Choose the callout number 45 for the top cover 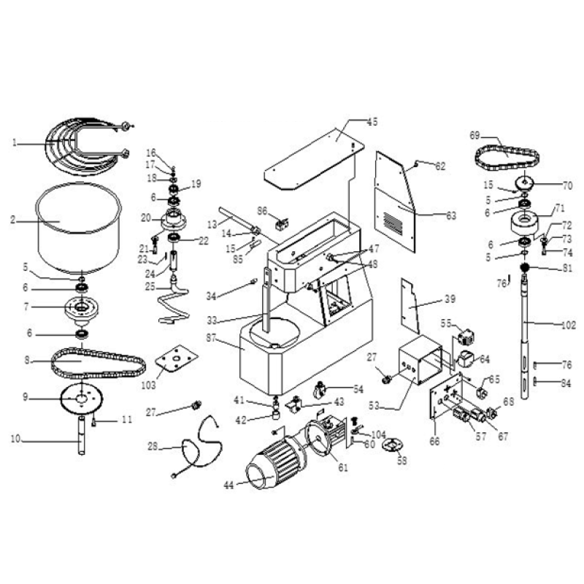[372, 123]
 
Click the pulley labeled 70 [526, 183]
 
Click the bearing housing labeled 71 [526, 220]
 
